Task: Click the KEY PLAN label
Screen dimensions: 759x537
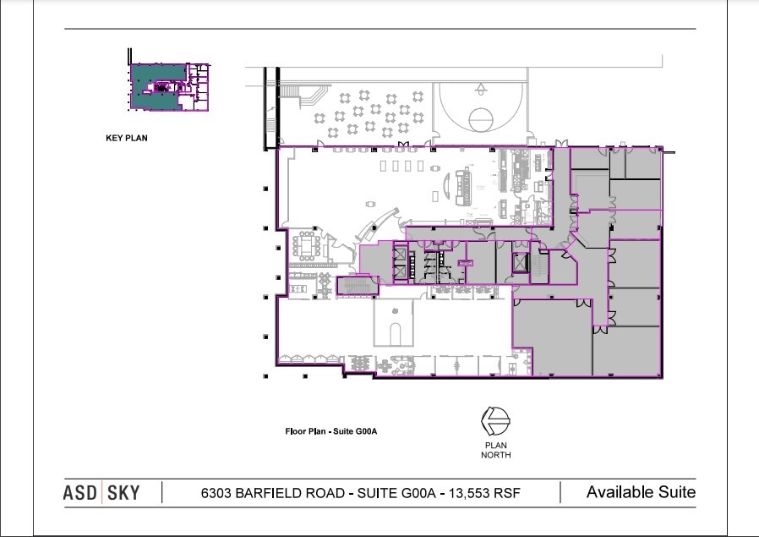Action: click(x=126, y=138)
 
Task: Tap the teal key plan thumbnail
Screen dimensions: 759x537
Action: click(x=169, y=87)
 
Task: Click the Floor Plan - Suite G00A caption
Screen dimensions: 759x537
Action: click(x=331, y=431)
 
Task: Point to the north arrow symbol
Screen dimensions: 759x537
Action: click(x=495, y=421)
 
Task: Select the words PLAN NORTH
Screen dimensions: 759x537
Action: click(x=495, y=450)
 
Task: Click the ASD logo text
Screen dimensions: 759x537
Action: click(x=80, y=493)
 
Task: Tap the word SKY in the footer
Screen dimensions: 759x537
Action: click(x=123, y=493)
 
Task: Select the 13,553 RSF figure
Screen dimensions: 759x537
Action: click(x=484, y=493)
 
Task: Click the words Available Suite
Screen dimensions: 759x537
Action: click(x=641, y=492)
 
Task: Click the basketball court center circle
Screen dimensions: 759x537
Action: click(x=481, y=119)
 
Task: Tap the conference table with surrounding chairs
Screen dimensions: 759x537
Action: click(x=307, y=245)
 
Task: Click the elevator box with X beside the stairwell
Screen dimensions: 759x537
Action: click(x=520, y=263)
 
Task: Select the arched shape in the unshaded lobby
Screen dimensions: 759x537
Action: click(x=395, y=334)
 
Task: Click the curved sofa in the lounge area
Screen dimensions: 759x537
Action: click(x=448, y=185)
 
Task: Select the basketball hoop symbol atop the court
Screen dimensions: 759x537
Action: click(x=481, y=89)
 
